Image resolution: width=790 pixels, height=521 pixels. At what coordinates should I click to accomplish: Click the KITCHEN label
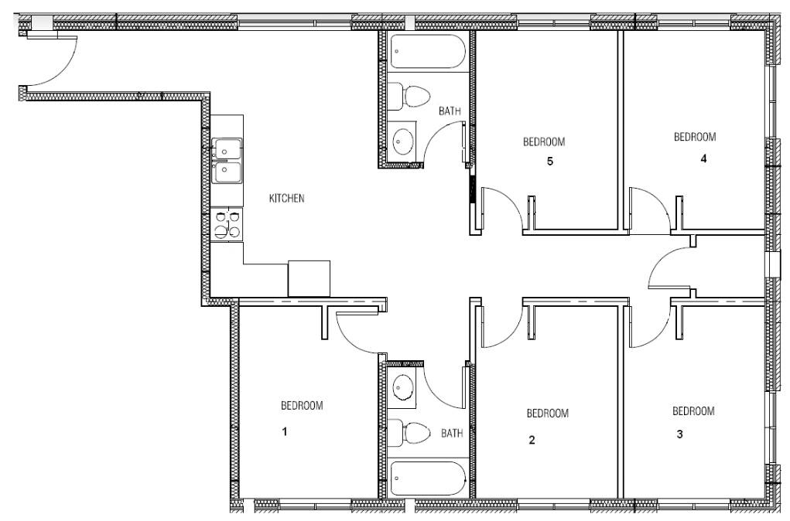(x=287, y=199)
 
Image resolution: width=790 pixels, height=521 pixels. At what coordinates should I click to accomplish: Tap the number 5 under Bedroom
(x=549, y=161)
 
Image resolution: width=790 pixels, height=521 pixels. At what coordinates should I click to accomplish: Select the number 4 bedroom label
(x=703, y=158)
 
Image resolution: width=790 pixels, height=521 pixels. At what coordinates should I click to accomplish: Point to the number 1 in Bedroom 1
(x=285, y=431)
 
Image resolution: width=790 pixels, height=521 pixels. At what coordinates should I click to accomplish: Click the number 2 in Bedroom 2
(x=532, y=440)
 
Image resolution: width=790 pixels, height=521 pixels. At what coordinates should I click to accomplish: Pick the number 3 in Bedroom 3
(x=679, y=434)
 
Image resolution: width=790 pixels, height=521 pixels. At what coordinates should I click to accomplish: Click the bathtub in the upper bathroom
(x=428, y=51)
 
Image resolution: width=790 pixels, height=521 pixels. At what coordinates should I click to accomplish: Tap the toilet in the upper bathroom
(x=409, y=96)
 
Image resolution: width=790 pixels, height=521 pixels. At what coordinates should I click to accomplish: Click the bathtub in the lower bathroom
(x=428, y=478)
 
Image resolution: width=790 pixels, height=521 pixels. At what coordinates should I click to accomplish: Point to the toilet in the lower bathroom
(x=409, y=433)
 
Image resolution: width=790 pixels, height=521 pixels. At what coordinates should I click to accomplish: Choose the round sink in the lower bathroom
(x=404, y=388)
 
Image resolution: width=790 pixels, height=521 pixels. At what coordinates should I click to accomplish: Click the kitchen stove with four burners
(x=227, y=224)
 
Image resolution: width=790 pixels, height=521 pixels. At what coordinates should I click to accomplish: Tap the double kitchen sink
(x=227, y=161)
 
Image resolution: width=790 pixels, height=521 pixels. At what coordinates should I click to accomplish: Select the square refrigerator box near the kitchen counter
(x=309, y=278)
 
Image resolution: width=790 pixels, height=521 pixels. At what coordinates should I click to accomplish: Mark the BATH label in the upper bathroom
(x=450, y=111)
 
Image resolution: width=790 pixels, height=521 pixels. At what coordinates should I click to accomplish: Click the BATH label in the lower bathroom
(x=452, y=433)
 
